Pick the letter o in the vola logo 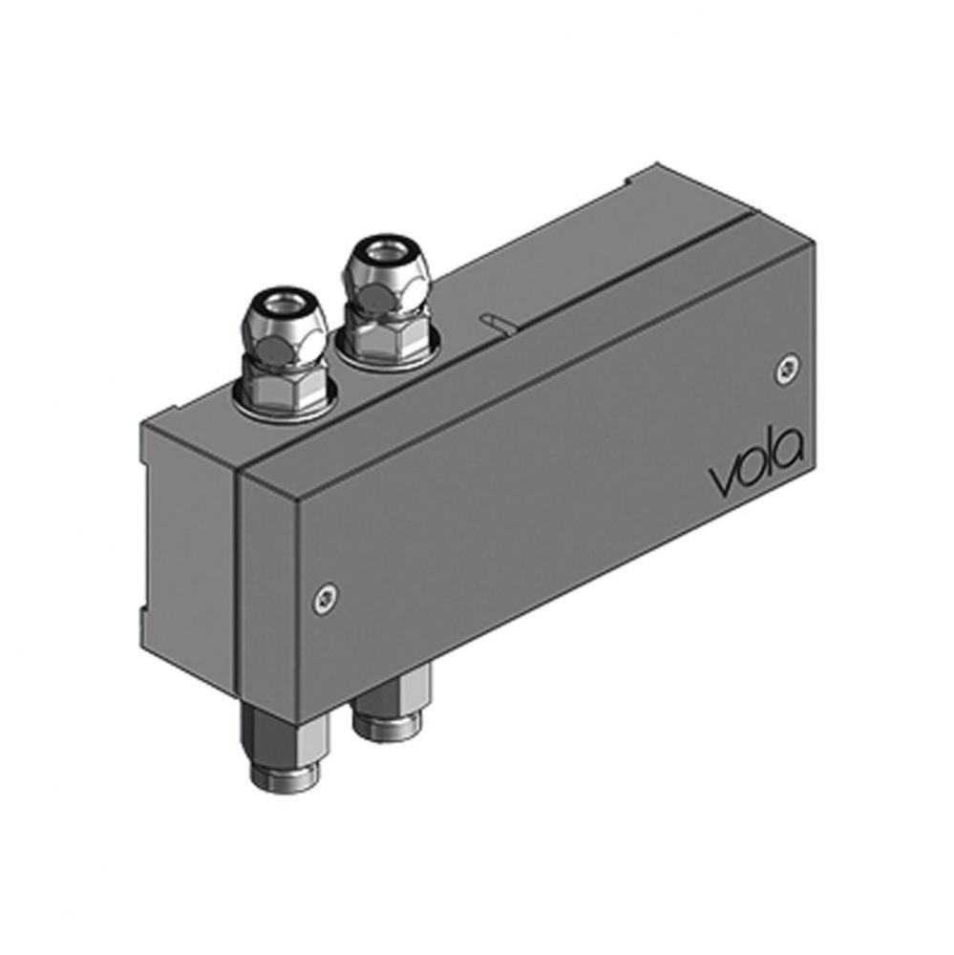(748, 474)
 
